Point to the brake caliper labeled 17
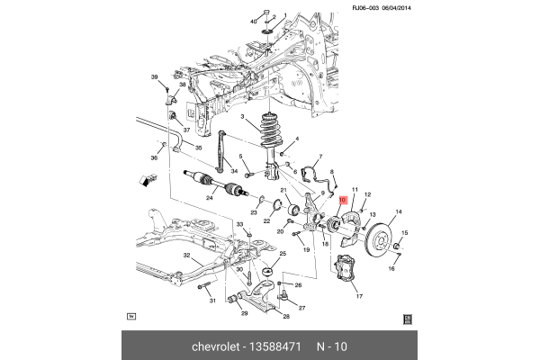(x=346, y=273)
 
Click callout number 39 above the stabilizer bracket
(x=154, y=76)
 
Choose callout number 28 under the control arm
(x=286, y=316)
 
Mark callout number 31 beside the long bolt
(x=212, y=301)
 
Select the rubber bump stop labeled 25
(x=267, y=270)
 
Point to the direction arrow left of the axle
(x=145, y=182)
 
